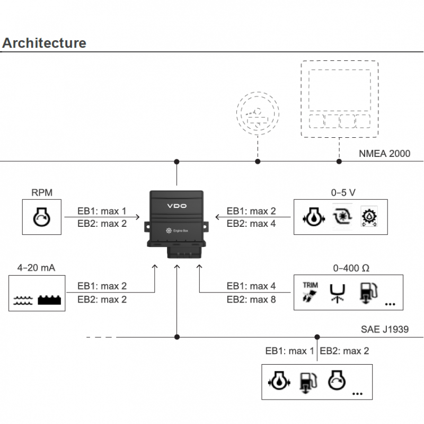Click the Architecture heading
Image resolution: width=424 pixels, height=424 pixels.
coord(44,43)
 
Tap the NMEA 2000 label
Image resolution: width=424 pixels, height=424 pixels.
coord(384,154)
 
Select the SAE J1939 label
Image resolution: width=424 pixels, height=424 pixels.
coord(385,329)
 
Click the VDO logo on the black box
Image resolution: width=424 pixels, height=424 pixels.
coord(177,206)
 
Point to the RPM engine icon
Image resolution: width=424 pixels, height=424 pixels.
coord(42,217)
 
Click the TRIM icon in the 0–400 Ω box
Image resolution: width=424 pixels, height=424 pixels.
coord(310,292)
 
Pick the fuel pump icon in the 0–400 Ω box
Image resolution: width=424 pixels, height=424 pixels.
coord(368,293)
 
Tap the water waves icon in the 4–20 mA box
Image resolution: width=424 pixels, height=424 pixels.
coord(23,300)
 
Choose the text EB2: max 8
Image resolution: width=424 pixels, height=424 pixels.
coord(251,299)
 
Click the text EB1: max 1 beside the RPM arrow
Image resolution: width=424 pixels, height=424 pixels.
coord(102,211)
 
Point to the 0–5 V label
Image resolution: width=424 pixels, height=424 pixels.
coord(343,192)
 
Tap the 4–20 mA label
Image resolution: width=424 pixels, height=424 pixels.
coord(36,268)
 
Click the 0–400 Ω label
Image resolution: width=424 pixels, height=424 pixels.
coord(351,268)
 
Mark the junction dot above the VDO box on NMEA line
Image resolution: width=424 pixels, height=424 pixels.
coord(176,162)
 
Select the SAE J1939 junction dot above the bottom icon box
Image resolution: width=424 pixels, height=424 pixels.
coord(317,337)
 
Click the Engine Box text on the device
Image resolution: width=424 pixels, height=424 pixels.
coord(181,231)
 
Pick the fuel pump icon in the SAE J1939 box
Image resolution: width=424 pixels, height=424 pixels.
coord(308,382)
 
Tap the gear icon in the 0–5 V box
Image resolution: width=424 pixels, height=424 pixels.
coord(369,217)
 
